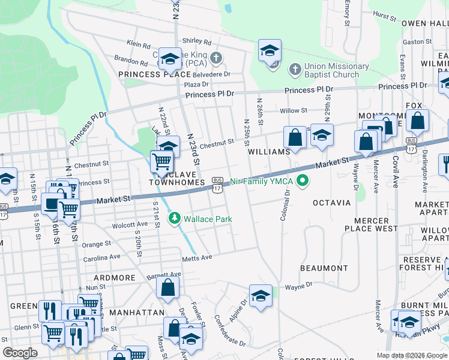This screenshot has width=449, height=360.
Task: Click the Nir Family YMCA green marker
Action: (303, 180)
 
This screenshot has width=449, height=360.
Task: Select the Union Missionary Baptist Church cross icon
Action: (294, 70)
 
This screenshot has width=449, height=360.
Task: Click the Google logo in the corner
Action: (20, 353)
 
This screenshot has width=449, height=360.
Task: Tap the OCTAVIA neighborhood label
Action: (331, 203)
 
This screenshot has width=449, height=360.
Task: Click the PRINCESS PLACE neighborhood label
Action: (146, 74)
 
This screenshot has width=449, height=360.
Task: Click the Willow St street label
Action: (294, 110)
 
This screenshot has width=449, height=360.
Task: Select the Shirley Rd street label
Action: (198, 42)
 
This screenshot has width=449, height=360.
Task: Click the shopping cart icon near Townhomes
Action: (161, 161)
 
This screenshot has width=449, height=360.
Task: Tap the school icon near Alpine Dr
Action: (260, 295)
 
